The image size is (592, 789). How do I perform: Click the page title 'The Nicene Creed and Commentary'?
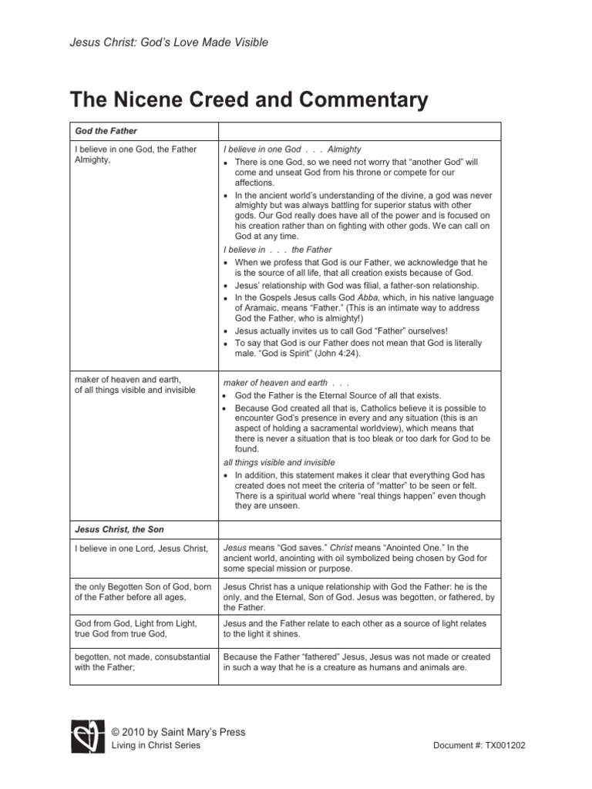248,99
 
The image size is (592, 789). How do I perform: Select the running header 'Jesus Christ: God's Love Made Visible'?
169,42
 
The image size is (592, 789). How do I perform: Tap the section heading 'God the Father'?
106,132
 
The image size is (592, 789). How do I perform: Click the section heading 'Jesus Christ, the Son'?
119,529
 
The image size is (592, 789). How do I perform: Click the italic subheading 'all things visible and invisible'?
279,462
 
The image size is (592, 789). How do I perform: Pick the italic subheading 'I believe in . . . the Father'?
277,250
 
